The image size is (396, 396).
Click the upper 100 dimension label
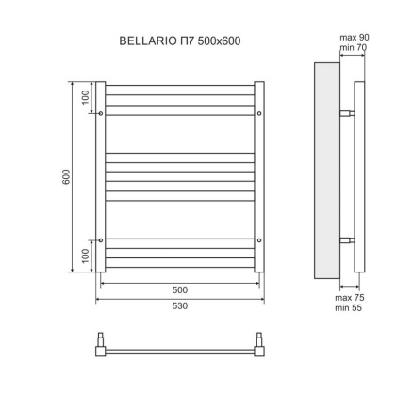[x=83, y=97]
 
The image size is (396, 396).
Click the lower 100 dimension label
[x=83, y=256]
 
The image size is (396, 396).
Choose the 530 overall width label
[x=180, y=306]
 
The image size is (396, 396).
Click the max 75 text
[x=349, y=298]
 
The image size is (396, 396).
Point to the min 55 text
[x=349, y=308]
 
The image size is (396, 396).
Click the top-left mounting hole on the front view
[x=100, y=113]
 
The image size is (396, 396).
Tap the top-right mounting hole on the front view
[x=259, y=113]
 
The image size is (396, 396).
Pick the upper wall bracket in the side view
[x=348, y=113]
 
